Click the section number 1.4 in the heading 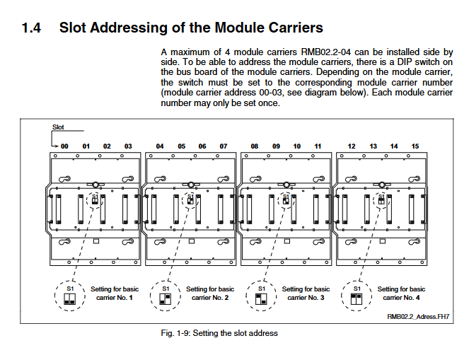32,28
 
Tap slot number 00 64,146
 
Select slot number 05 182,146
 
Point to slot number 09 277,146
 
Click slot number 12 351,146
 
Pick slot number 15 415,146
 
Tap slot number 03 128,146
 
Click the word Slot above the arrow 59,127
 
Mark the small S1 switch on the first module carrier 95,200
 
